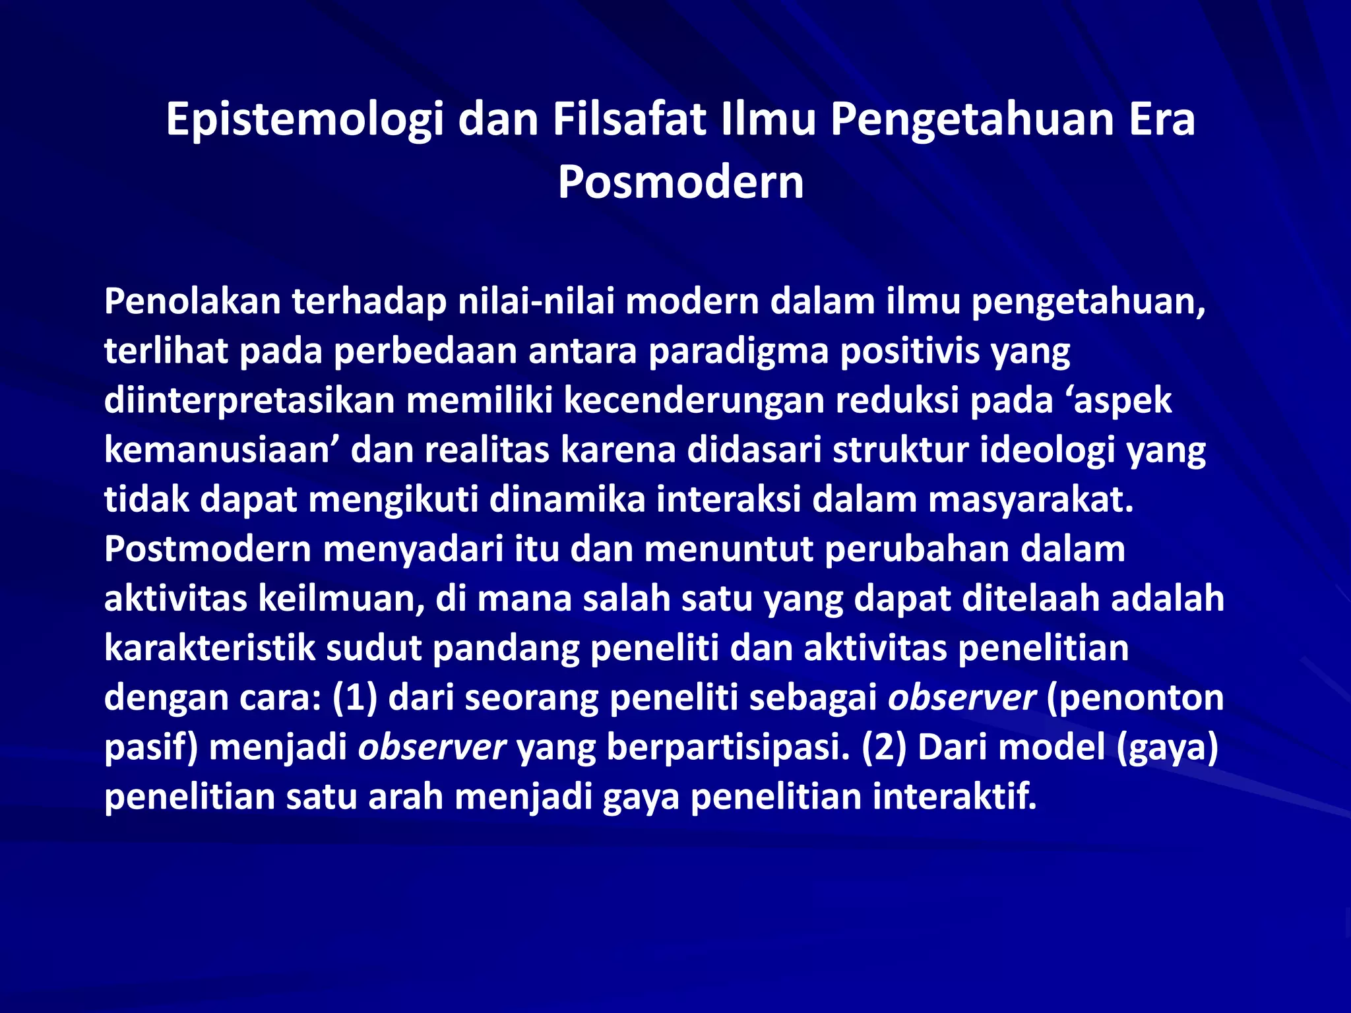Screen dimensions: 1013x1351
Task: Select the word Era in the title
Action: coord(1162,119)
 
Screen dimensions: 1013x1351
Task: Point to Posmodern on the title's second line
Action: coord(680,182)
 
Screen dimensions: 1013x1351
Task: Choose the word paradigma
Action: coord(738,351)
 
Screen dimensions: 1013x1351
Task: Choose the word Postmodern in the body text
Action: coord(207,549)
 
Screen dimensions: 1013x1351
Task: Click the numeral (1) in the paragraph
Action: coord(354,698)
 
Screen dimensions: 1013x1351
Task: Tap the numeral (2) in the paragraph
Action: coord(884,747)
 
